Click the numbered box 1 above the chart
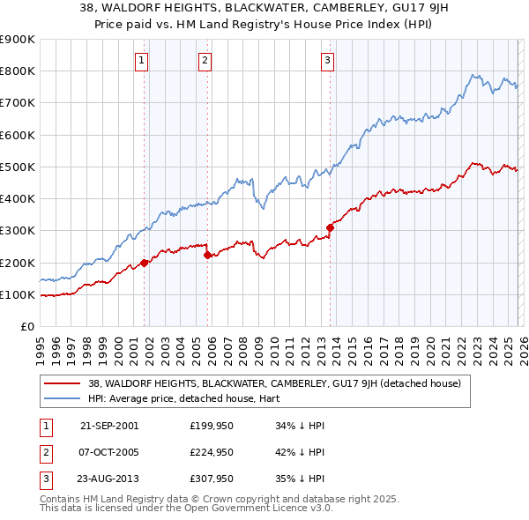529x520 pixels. pos(141,61)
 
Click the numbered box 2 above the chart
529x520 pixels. pos(205,61)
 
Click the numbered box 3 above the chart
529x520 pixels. pos(327,61)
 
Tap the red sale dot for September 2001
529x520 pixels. pos(145,263)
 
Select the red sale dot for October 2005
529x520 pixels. pos(208,255)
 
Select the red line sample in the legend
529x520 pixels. pos(63,383)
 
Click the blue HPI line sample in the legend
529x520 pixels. pos(63,397)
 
